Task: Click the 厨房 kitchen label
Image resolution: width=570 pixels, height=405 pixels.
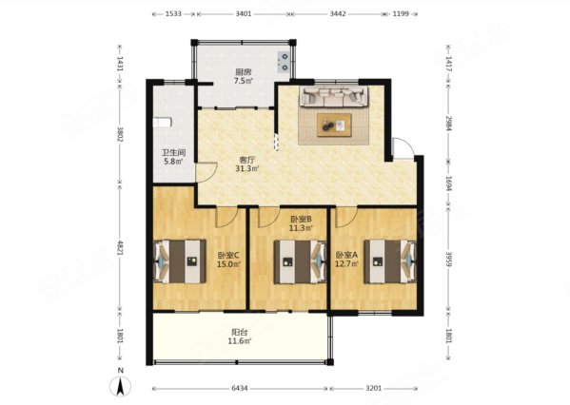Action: (244, 72)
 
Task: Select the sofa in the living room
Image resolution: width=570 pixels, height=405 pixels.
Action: (333, 96)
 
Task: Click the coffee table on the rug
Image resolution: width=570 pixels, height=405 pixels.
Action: (334, 123)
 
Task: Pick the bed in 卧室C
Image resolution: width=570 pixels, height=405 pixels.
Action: (180, 259)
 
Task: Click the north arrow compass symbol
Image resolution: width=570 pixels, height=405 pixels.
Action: (121, 384)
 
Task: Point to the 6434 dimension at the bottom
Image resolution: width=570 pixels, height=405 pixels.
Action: (238, 388)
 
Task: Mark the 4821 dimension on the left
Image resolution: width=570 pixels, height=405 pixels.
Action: (120, 249)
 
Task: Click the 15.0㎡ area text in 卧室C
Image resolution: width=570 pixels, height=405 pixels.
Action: (226, 264)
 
